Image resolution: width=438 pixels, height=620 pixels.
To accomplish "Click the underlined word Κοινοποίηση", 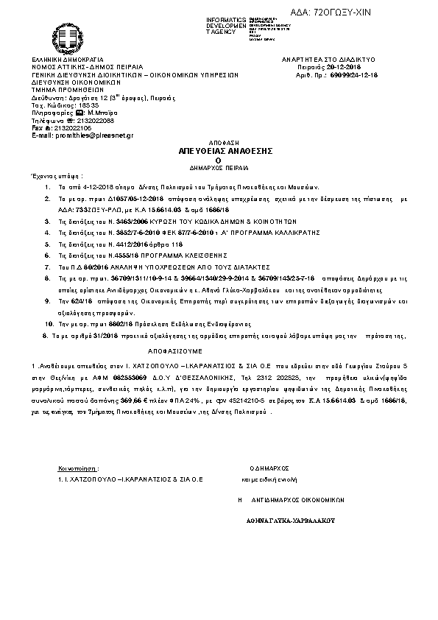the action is [78, 468].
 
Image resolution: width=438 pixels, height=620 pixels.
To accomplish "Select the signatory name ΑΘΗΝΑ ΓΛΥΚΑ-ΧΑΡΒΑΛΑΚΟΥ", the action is [291, 518].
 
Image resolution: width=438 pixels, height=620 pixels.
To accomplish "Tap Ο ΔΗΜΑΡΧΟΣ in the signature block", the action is [269, 468].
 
